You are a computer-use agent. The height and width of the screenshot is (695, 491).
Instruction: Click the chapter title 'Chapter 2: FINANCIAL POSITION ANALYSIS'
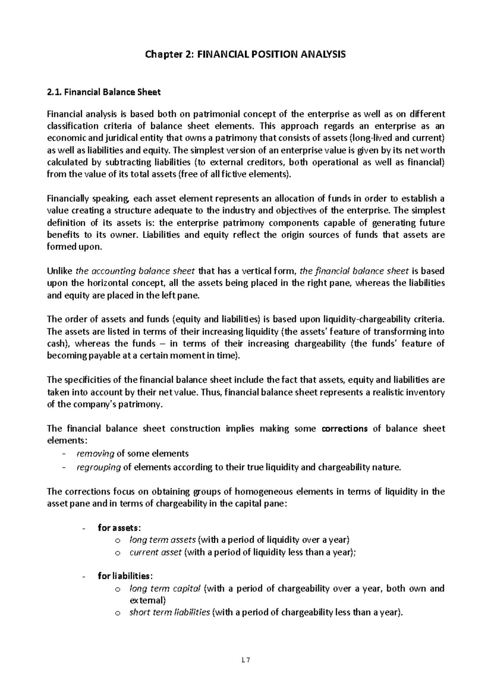coord(245,54)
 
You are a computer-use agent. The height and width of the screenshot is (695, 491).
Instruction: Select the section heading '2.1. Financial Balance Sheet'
coord(104,92)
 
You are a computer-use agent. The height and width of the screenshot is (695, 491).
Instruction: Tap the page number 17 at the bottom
coord(245,659)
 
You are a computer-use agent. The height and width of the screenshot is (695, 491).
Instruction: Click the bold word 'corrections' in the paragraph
coord(345,429)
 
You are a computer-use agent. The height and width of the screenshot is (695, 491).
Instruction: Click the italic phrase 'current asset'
coord(155,552)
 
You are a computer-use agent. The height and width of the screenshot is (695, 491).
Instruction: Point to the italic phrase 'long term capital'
coord(165,589)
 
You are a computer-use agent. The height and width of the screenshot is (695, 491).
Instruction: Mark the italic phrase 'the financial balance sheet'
coord(354,271)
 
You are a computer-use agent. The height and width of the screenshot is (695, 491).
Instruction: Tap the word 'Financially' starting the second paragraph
coord(67,199)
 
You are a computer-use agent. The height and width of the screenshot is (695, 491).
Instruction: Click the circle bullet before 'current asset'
coord(117,553)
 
